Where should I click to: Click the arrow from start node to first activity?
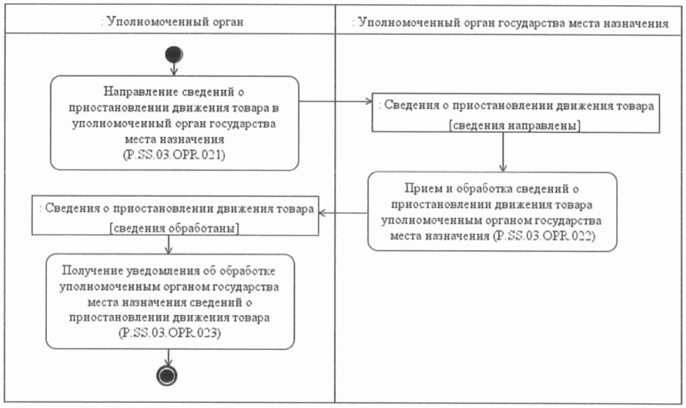[173, 69]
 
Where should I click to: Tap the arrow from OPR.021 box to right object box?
[336, 102]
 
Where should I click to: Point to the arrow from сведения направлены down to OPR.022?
[502, 153]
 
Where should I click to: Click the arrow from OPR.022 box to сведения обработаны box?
[344, 212]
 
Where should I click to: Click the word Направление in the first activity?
[131, 91]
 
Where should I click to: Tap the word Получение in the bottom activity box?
[88, 272]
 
